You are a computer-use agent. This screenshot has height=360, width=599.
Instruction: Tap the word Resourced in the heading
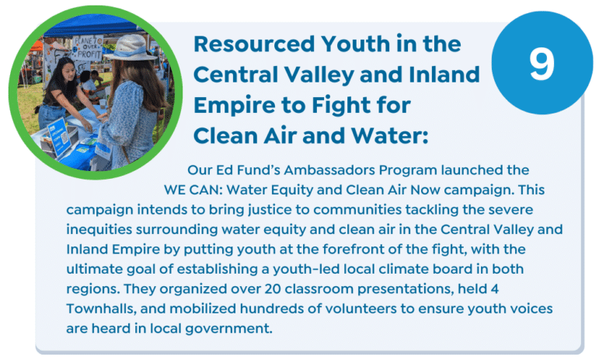pos(254,44)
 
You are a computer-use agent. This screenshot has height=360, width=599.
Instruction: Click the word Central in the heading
pos(236,74)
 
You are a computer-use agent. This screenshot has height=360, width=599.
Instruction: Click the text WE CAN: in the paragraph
pos(193,190)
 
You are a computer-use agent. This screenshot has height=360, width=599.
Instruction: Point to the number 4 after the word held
pos(494,289)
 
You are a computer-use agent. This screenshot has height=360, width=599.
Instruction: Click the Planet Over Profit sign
pos(87,47)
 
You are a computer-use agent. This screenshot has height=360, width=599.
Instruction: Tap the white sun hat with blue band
pos(130,47)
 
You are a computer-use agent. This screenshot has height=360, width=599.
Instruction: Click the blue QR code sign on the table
pos(59,136)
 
